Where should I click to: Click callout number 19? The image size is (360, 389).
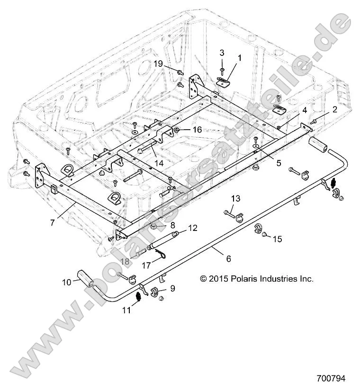[x=158, y=63]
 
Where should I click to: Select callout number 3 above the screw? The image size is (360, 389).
[x=221, y=53]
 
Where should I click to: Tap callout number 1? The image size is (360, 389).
[x=239, y=58]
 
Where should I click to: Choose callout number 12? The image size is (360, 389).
[x=192, y=228]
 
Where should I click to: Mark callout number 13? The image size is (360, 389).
[x=235, y=197]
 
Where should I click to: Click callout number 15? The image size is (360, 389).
[x=277, y=239]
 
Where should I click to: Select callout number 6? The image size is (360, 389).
[x=228, y=259]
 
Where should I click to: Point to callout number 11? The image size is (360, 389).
[x=126, y=311]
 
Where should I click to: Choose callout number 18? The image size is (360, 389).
[x=124, y=262]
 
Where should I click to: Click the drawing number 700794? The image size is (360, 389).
[x=331, y=379]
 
